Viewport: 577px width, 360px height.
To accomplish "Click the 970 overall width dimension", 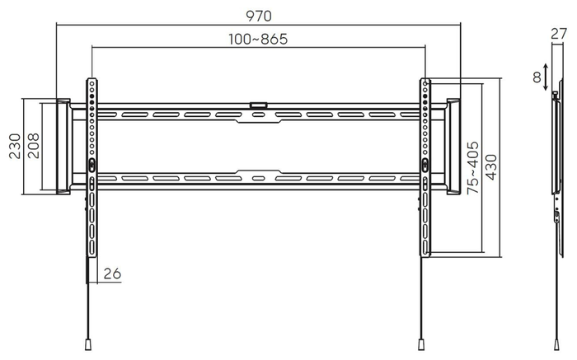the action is pyautogui.click(x=259, y=16).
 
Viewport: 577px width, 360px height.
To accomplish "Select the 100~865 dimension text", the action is pyautogui.click(x=258, y=39).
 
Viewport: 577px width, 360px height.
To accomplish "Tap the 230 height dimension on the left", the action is pyautogui.click(x=15, y=147).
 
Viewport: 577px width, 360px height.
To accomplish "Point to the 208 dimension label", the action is pyautogui.click(x=33, y=146).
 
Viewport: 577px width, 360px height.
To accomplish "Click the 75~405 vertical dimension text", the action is pyautogui.click(x=473, y=168).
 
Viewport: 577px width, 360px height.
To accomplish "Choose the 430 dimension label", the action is pyautogui.click(x=491, y=167).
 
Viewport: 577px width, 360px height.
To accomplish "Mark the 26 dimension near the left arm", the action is pyautogui.click(x=112, y=274).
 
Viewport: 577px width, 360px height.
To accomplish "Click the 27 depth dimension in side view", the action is pyautogui.click(x=559, y=34).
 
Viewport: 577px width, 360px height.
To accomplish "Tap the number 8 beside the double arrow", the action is pyautogui.click(x=537, y=77).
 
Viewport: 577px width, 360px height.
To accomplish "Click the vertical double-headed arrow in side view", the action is pyautogui.click(x=546, y=77).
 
